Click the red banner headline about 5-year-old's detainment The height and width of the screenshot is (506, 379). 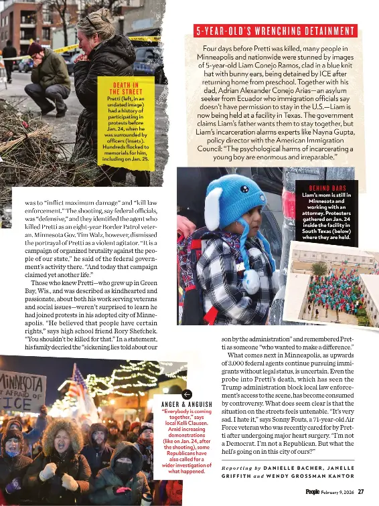(x=275, y=31)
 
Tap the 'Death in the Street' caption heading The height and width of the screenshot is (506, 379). (x=126, y=89)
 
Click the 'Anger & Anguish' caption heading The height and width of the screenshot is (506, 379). (x=187, y=405)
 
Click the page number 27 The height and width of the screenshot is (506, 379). (x=361, y=492)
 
